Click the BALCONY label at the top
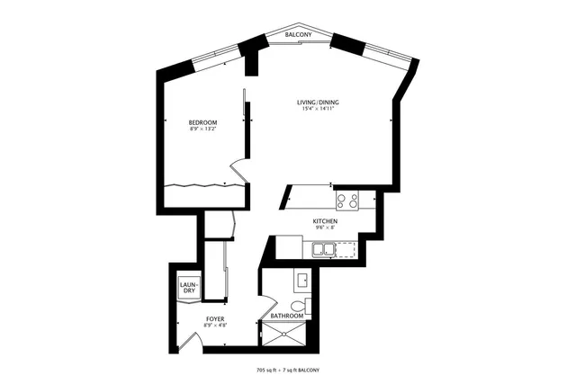pyautogui.click(x=299, y=34)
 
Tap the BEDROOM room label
pyautogui.click(x=202, y=122)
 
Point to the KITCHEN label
pyautogui.click(x=325, y=221)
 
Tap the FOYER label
pyautogui.click(x=214, y=318)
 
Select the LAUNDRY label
pyautogui.click(x=190, y=287)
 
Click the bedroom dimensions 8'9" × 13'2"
pyautogui.click(x=202, y=129)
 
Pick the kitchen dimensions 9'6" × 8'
pyautogui.click(x=325, y=228)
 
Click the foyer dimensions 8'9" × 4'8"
pyautogui.click(x=214, y=326)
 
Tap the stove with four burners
pyautogui.click(x=348, y=201)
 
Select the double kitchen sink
pyautogui.click(x=325, y=249)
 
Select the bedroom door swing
pyautogui.click(x=237, y=170)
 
